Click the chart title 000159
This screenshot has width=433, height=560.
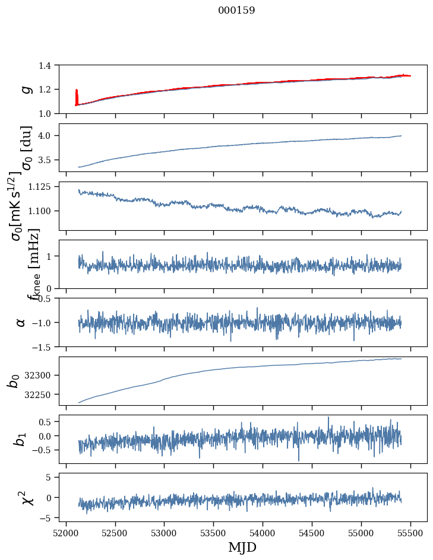(x=236, y=11)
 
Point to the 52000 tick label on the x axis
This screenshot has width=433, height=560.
(x=66, y=532)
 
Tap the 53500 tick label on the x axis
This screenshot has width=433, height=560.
(x=214, y=532)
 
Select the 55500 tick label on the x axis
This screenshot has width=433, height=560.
(x=411, y=532)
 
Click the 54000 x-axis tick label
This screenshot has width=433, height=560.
(x=263, y=532)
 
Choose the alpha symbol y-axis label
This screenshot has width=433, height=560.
(x=21, y=322)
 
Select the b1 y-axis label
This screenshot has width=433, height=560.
(x=21, y=439)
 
